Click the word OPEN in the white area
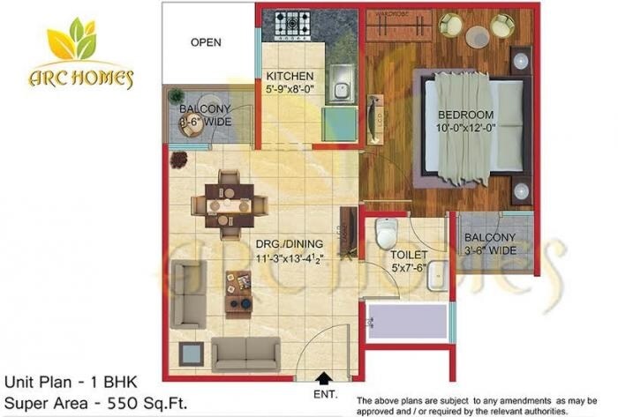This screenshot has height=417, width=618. (206, 41)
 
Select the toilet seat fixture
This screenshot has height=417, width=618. (385, 235)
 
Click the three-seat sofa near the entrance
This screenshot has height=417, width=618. (245, 354)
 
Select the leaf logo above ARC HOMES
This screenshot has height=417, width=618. (72, 42)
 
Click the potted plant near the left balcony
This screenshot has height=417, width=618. (179, 160)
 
